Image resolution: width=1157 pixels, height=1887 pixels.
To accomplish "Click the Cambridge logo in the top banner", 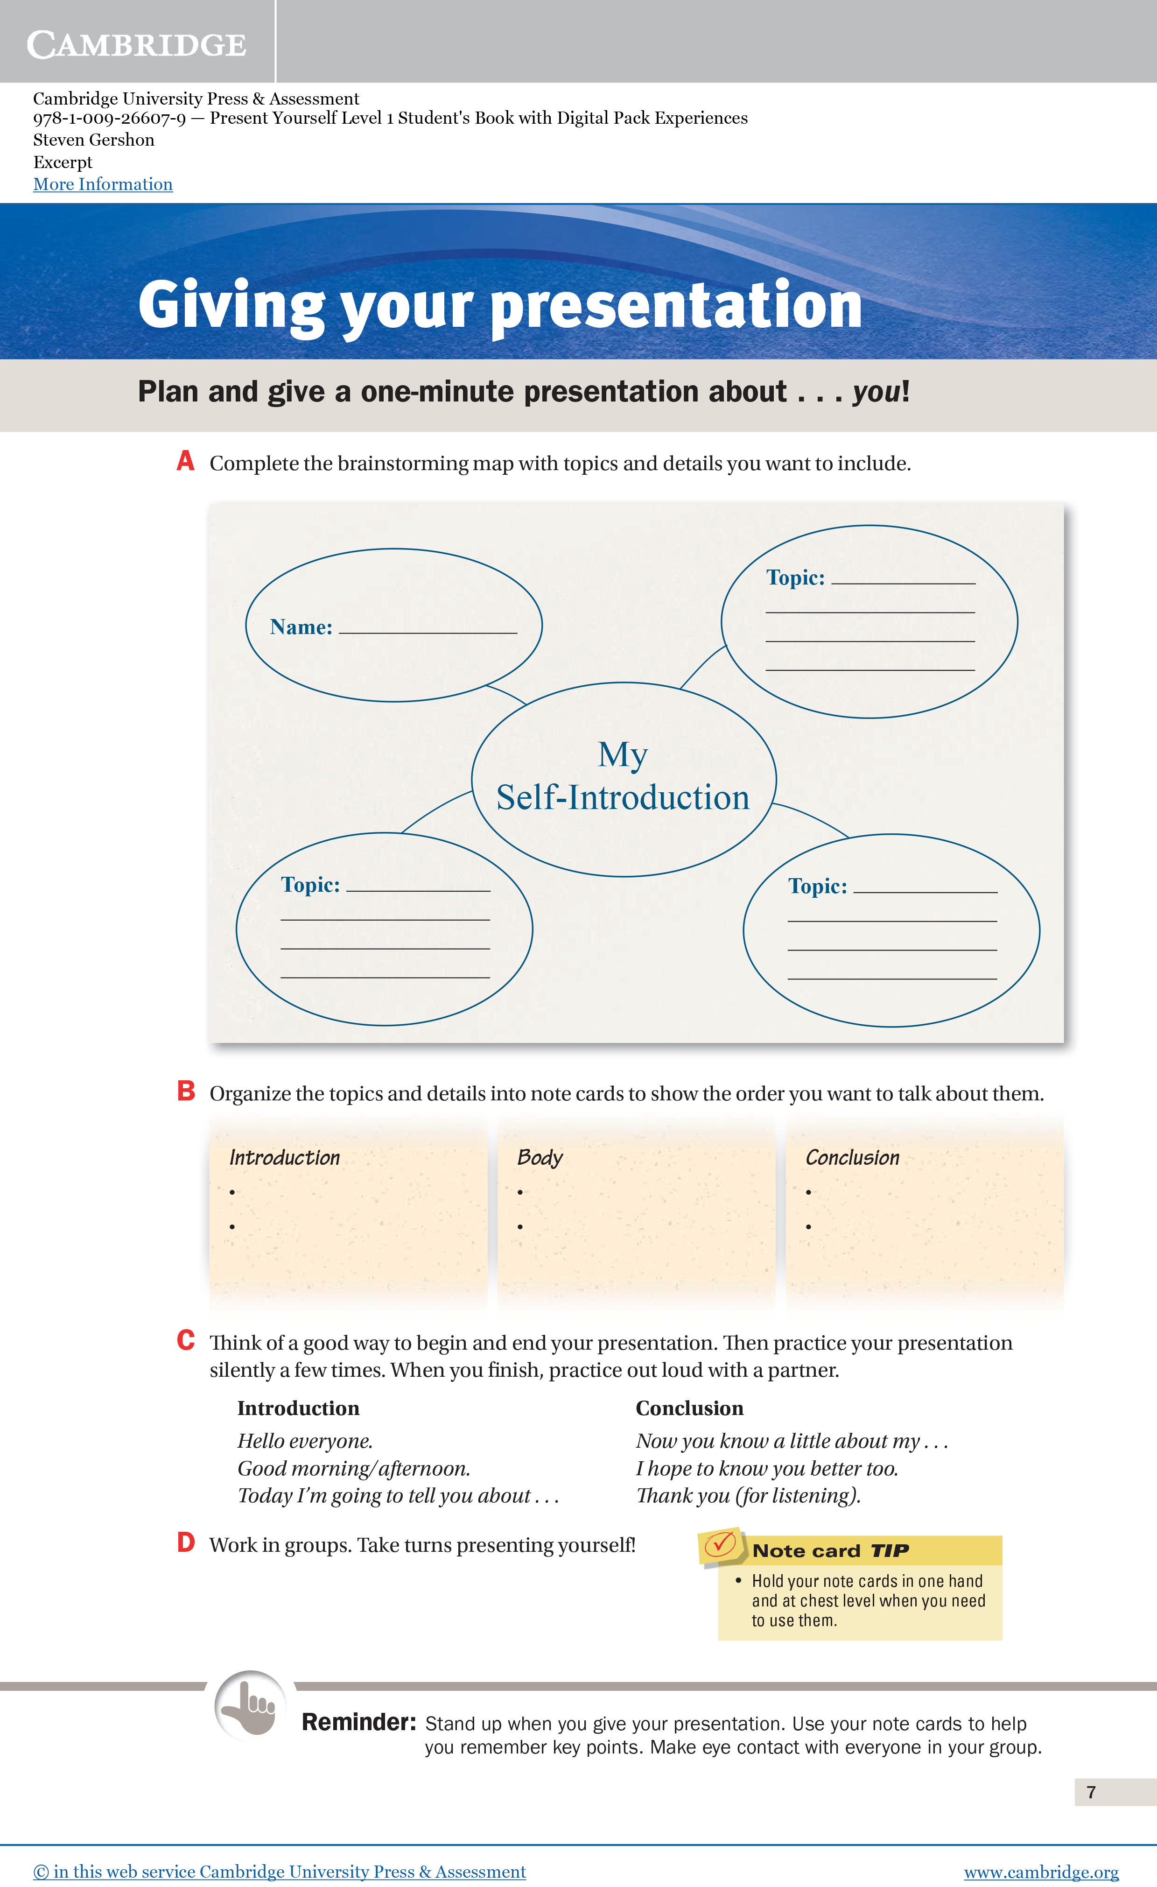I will pyautogui.click(x=136, y=44).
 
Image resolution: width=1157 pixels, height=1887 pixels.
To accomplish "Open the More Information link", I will pyautogui.click(x=103, y=184).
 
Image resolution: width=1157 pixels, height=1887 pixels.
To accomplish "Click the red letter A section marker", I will pyautogui.click(x=185, y=461).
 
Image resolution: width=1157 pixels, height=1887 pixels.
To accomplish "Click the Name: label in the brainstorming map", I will pyautogui.click(x=301, y=627).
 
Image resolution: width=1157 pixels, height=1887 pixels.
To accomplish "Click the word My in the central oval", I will pyautogui.click(x=623, y=754).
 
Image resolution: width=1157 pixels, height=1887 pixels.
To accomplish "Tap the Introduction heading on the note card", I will pyautogui.click(x=284, y=1157).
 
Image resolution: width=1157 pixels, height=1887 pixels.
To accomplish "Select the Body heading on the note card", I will pyautogui.click(x=540, y=1157).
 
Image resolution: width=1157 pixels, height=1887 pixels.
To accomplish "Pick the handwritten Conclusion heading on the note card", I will pyautogui.click(x=852, y=1157).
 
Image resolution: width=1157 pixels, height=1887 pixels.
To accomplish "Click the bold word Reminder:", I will pyautogui.click(x=358, y=1722).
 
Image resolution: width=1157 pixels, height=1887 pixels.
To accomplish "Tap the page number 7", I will pyautogui.click(x=1091, y=1792).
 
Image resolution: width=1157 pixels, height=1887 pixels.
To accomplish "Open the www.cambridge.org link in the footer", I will pyautogui.click(x=1041, y=1872).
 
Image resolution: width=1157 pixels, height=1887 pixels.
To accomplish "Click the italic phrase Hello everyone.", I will pyautogui.click(x=305, y=1441).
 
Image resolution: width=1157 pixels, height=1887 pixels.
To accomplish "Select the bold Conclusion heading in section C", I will pyautogui.click(x=689, y=1408).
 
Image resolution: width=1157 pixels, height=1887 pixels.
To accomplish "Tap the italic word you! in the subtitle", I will pyautogui.click(x=881, y=392).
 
